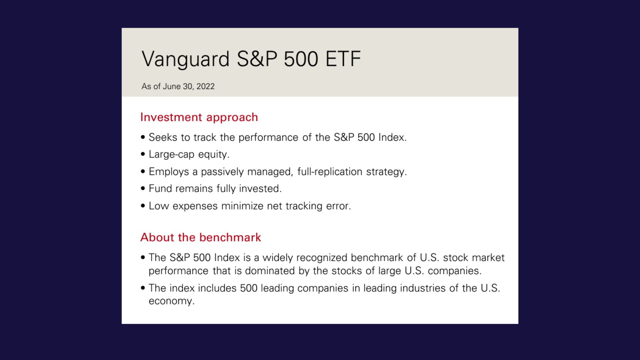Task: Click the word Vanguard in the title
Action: pyautogui.click(x=185, y=59)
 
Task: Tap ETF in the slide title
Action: pyautogui.click(x=343, y=59)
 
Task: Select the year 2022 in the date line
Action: pyautogui.click(x=205, y=86)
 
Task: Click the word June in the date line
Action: pyautogui.click(x=172, y=86)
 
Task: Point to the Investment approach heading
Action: pyautogui.click(x=199, y=117)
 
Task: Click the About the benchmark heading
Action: pyautogui.click(x=201, y=237)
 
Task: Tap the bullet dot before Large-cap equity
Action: pyautogui.click(x=143, y=154)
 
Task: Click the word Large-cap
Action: pyautogui.click(x=171, y=155)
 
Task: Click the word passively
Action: pyautogui.click(x=222, y=172)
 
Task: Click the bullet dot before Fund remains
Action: pyautogui.click(x=143, y=189)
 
